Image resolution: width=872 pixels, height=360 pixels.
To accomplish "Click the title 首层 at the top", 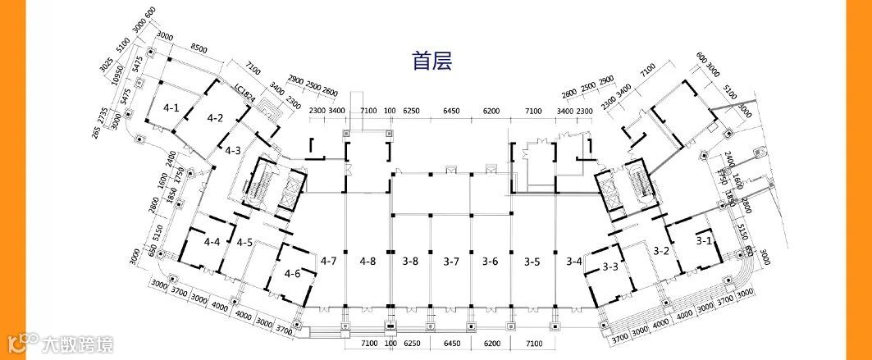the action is point(432,61).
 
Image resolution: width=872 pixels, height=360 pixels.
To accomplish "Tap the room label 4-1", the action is point(171,107).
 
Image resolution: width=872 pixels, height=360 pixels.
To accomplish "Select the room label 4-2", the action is point(216,118).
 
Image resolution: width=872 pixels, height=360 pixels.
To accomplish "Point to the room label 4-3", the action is point(233,150).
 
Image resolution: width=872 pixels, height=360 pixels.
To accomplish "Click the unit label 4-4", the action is point(212,242).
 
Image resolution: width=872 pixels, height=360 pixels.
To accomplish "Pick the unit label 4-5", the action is point(244,243).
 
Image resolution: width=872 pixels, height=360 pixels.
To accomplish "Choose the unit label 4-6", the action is point(293,273).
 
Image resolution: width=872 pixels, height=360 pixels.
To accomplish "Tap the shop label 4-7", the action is point(329,262).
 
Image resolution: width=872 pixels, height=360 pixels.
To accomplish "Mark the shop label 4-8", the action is point(368,262).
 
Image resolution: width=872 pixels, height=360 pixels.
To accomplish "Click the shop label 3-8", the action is point(410,262).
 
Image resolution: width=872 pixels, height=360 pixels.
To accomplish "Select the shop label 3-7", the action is point(450,262).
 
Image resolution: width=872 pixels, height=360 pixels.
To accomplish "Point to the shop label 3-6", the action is point(490,262).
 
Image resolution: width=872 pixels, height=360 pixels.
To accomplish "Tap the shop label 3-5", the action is point(532,262).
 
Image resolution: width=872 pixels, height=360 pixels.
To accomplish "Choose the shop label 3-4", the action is point(574,262).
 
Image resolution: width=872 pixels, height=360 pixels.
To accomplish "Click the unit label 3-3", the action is point(610,267).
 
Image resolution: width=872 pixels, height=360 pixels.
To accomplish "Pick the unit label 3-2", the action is point(661,250).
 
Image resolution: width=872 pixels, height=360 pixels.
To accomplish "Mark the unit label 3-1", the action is point(704,241).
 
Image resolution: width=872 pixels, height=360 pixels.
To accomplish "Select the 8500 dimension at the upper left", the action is point(198,48).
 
